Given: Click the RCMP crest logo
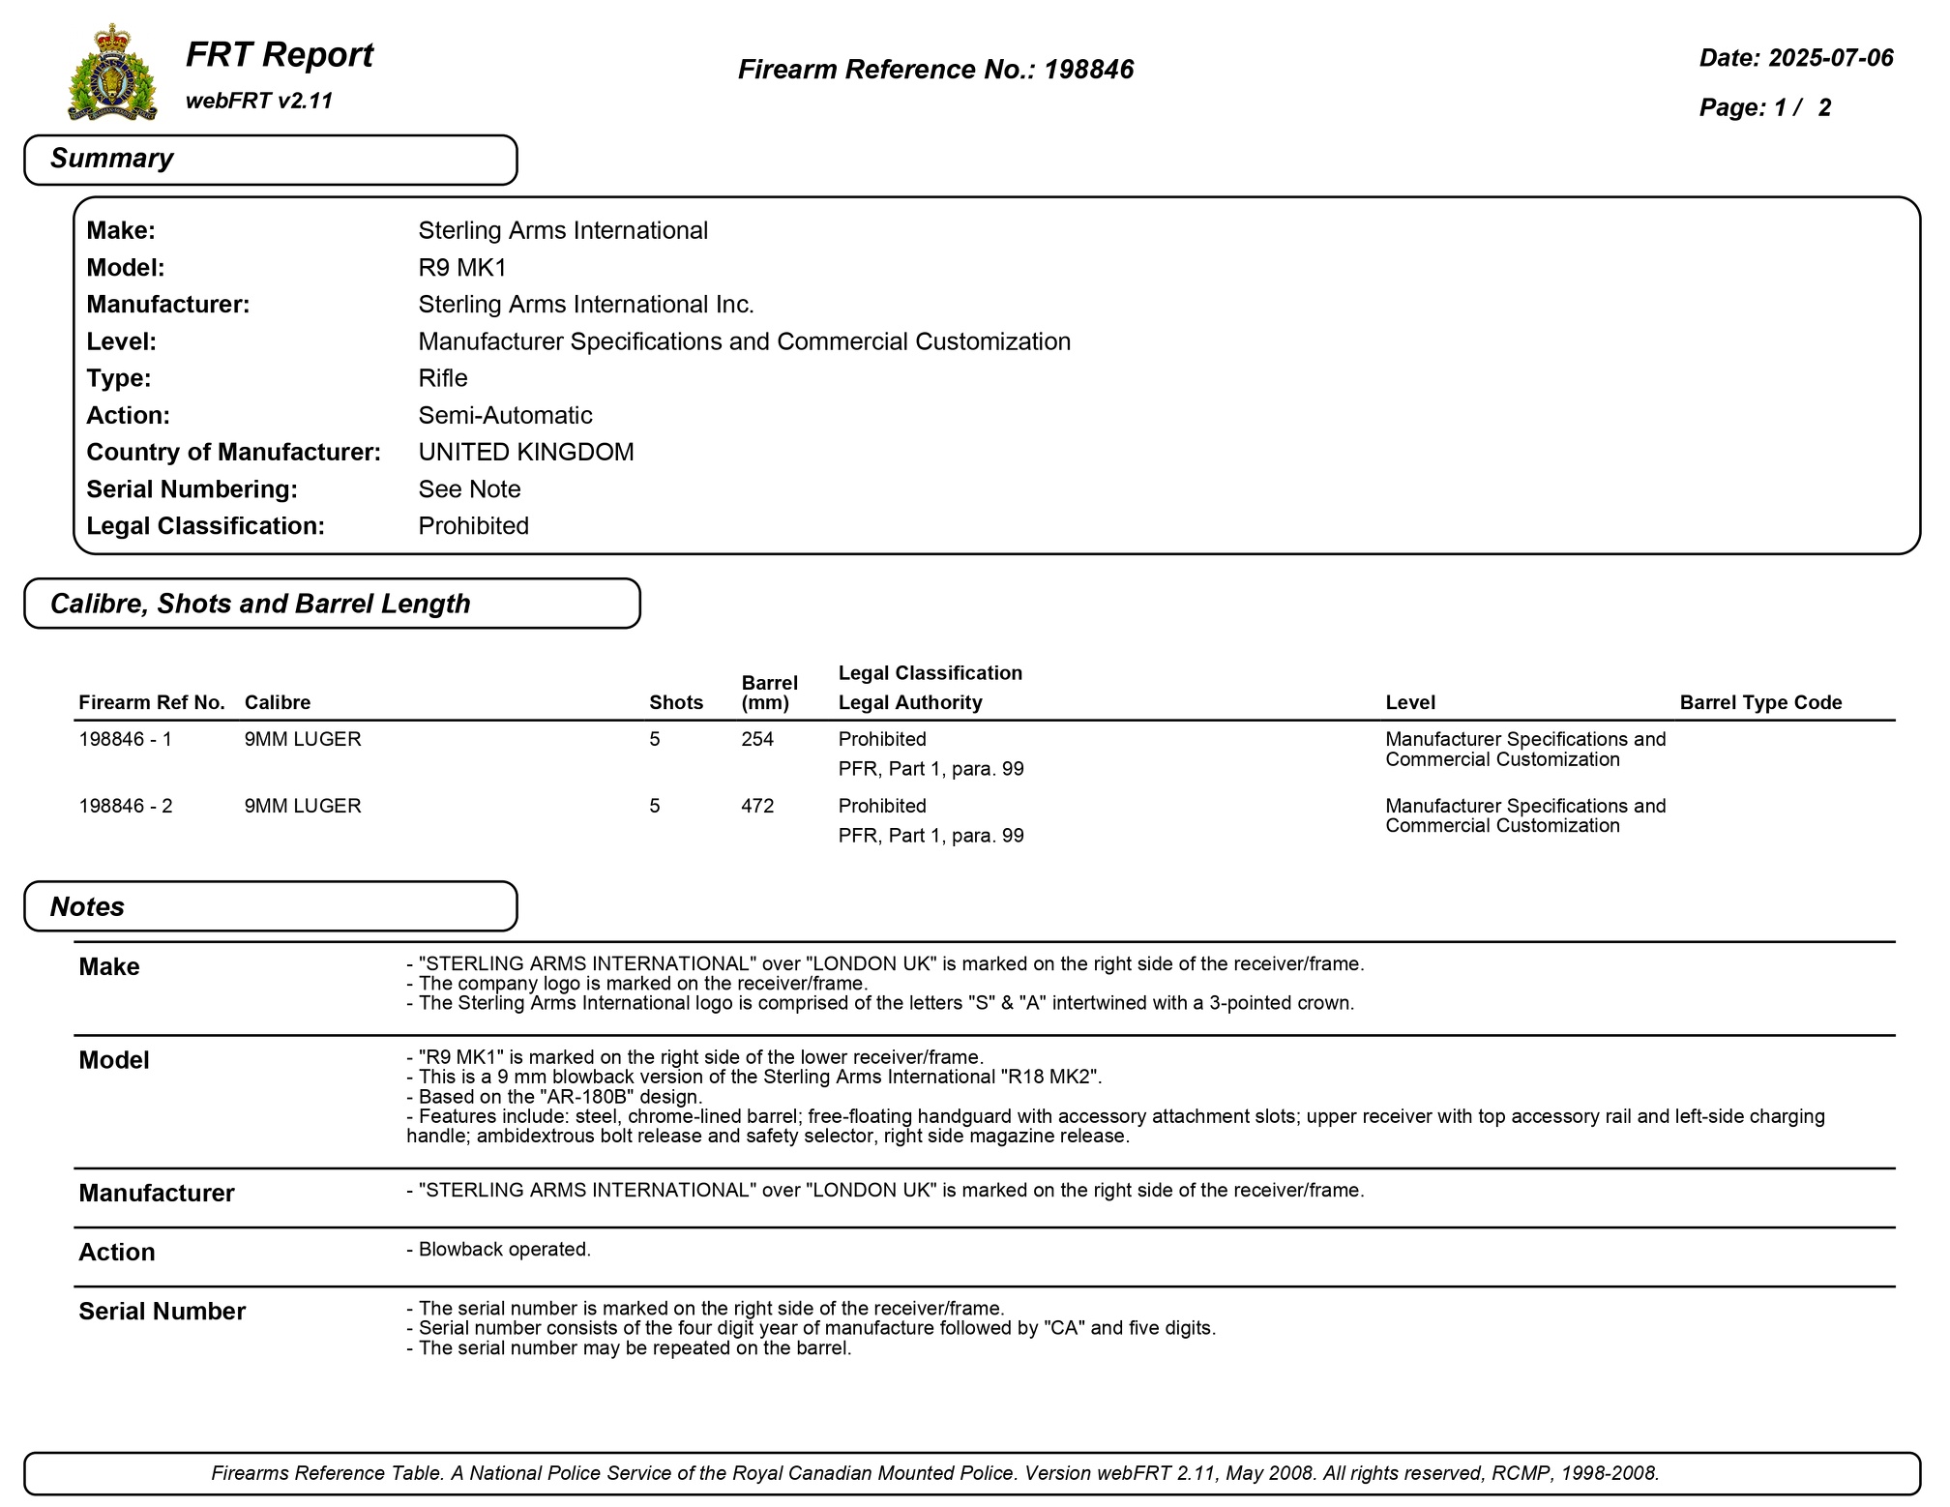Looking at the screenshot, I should point(112,74).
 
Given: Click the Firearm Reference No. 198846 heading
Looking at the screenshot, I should point(935,70).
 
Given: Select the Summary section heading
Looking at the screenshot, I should point(111,159).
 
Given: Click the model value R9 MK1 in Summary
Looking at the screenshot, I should point(462,268).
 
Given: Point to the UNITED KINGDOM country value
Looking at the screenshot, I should point(526,453).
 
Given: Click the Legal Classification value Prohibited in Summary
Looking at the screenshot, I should point(473,526).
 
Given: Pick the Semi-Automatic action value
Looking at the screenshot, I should point(505,416).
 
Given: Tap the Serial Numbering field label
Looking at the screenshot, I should point(192,489).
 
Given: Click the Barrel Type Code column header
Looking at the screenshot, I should point(1760,703).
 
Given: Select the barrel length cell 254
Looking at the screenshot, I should point(757,740).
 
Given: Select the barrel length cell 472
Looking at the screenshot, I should point(757,807).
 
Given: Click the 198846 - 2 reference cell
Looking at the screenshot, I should point(126,807).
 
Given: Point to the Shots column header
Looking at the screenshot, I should point(676,703).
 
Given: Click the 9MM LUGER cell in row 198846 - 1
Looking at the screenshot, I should point(303,740).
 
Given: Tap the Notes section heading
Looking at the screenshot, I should point(87,907).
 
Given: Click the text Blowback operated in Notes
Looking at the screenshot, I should point(503,1250).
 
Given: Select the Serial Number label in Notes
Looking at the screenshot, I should point(162,1312).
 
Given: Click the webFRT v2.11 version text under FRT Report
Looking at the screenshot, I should point(259,101).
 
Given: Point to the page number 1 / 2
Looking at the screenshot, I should point(1802,107).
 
